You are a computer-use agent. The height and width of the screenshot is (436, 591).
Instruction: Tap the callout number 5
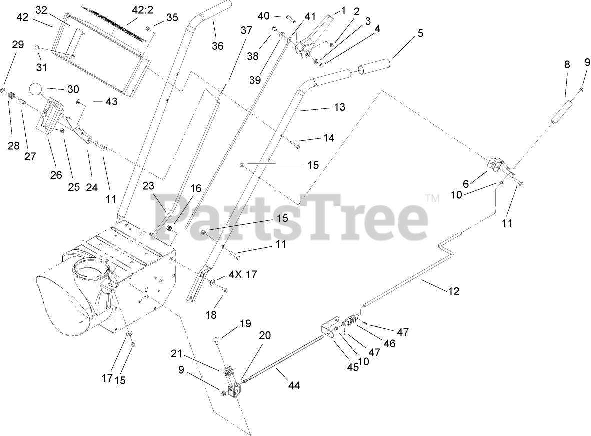(420, 33)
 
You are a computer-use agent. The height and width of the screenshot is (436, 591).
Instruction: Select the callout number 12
(453, 291)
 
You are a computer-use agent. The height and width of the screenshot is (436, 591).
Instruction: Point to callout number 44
(294, 385)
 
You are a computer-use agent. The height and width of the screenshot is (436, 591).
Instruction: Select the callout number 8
(567, 64)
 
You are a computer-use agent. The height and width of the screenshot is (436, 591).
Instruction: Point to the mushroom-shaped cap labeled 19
(215, 342)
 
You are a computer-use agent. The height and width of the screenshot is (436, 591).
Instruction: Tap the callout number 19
(244, 323)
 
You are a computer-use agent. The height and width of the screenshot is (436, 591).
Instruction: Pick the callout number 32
(41, 10)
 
